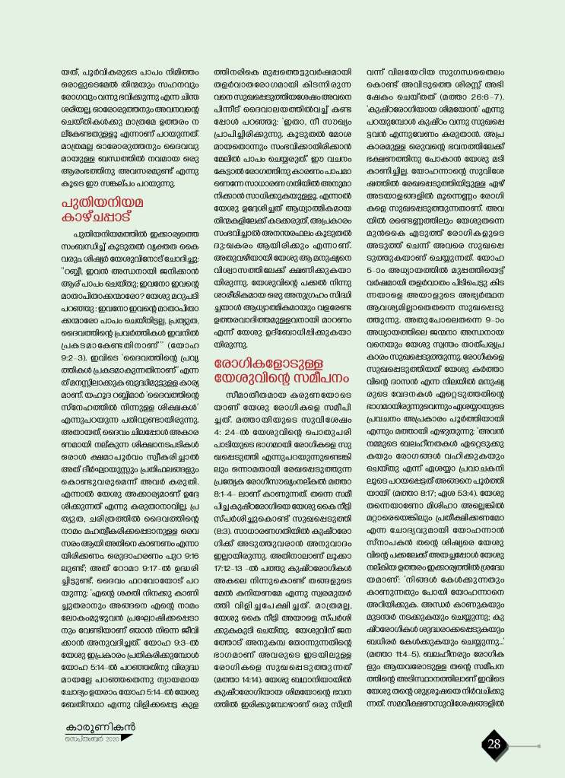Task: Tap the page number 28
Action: coord(494,744)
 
